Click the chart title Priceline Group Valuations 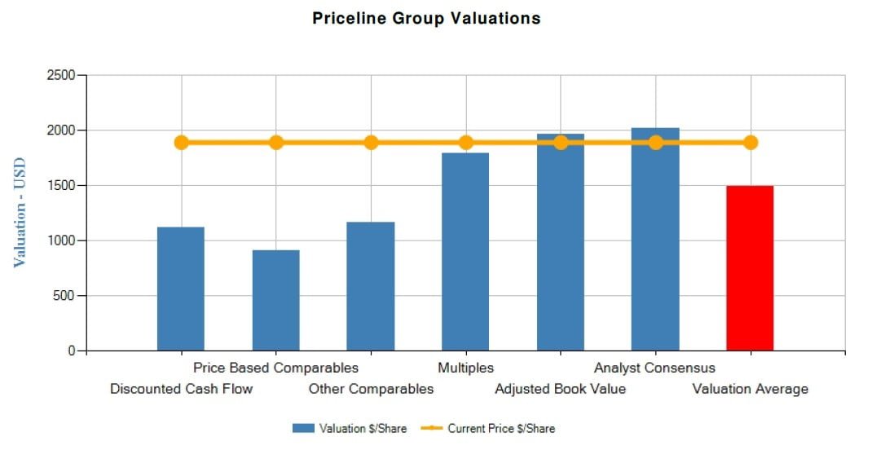coord(426,18)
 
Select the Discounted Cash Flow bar coord(181,289)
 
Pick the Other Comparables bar coord(370,286)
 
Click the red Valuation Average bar coord(750,268)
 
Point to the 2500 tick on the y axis coord(59,76)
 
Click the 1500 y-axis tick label coord(59,186)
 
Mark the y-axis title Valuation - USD coord(20,212)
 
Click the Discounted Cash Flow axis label coord(182,389)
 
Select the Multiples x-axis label coord(465,368)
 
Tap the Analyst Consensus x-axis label coord(654,368)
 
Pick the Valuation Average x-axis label coord(750,389)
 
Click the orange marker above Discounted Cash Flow coord(182,143)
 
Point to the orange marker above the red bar coord(750,143)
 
